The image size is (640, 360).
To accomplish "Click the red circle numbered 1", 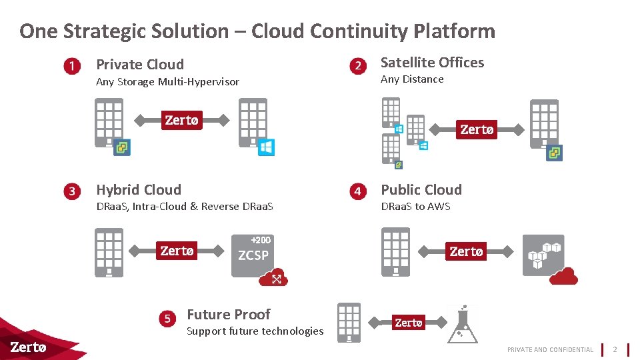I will tap(73, 66).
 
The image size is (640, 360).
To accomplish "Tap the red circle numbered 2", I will tap(358, 65).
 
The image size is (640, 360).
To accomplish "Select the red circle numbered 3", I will tap(73, 191).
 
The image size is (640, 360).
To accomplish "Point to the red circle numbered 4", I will tap(358, 191).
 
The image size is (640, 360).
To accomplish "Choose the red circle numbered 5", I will tap(168, 319).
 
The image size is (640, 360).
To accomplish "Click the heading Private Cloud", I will tap(140, 65).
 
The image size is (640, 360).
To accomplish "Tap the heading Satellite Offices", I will tap(432, 63).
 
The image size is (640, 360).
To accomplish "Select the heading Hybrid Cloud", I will tap(139, 190).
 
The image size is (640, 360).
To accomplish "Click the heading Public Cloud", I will tap(421, 190).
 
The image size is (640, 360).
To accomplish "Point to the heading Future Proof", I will tap(229, 315).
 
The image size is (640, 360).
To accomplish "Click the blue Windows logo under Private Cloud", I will tap(266, 147).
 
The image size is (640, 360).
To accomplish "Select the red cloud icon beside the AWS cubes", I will tap(563, 275).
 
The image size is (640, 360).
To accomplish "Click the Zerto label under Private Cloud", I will tap(181, 120).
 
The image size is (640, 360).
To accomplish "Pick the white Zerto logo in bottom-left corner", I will tap(29, 347).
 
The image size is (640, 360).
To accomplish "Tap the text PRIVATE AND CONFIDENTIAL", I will tap(550, 349).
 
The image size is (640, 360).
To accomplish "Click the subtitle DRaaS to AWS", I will tap(415, 207).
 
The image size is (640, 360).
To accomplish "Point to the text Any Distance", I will tap(411, 79).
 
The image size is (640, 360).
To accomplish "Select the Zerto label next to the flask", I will tap(408, 323).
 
